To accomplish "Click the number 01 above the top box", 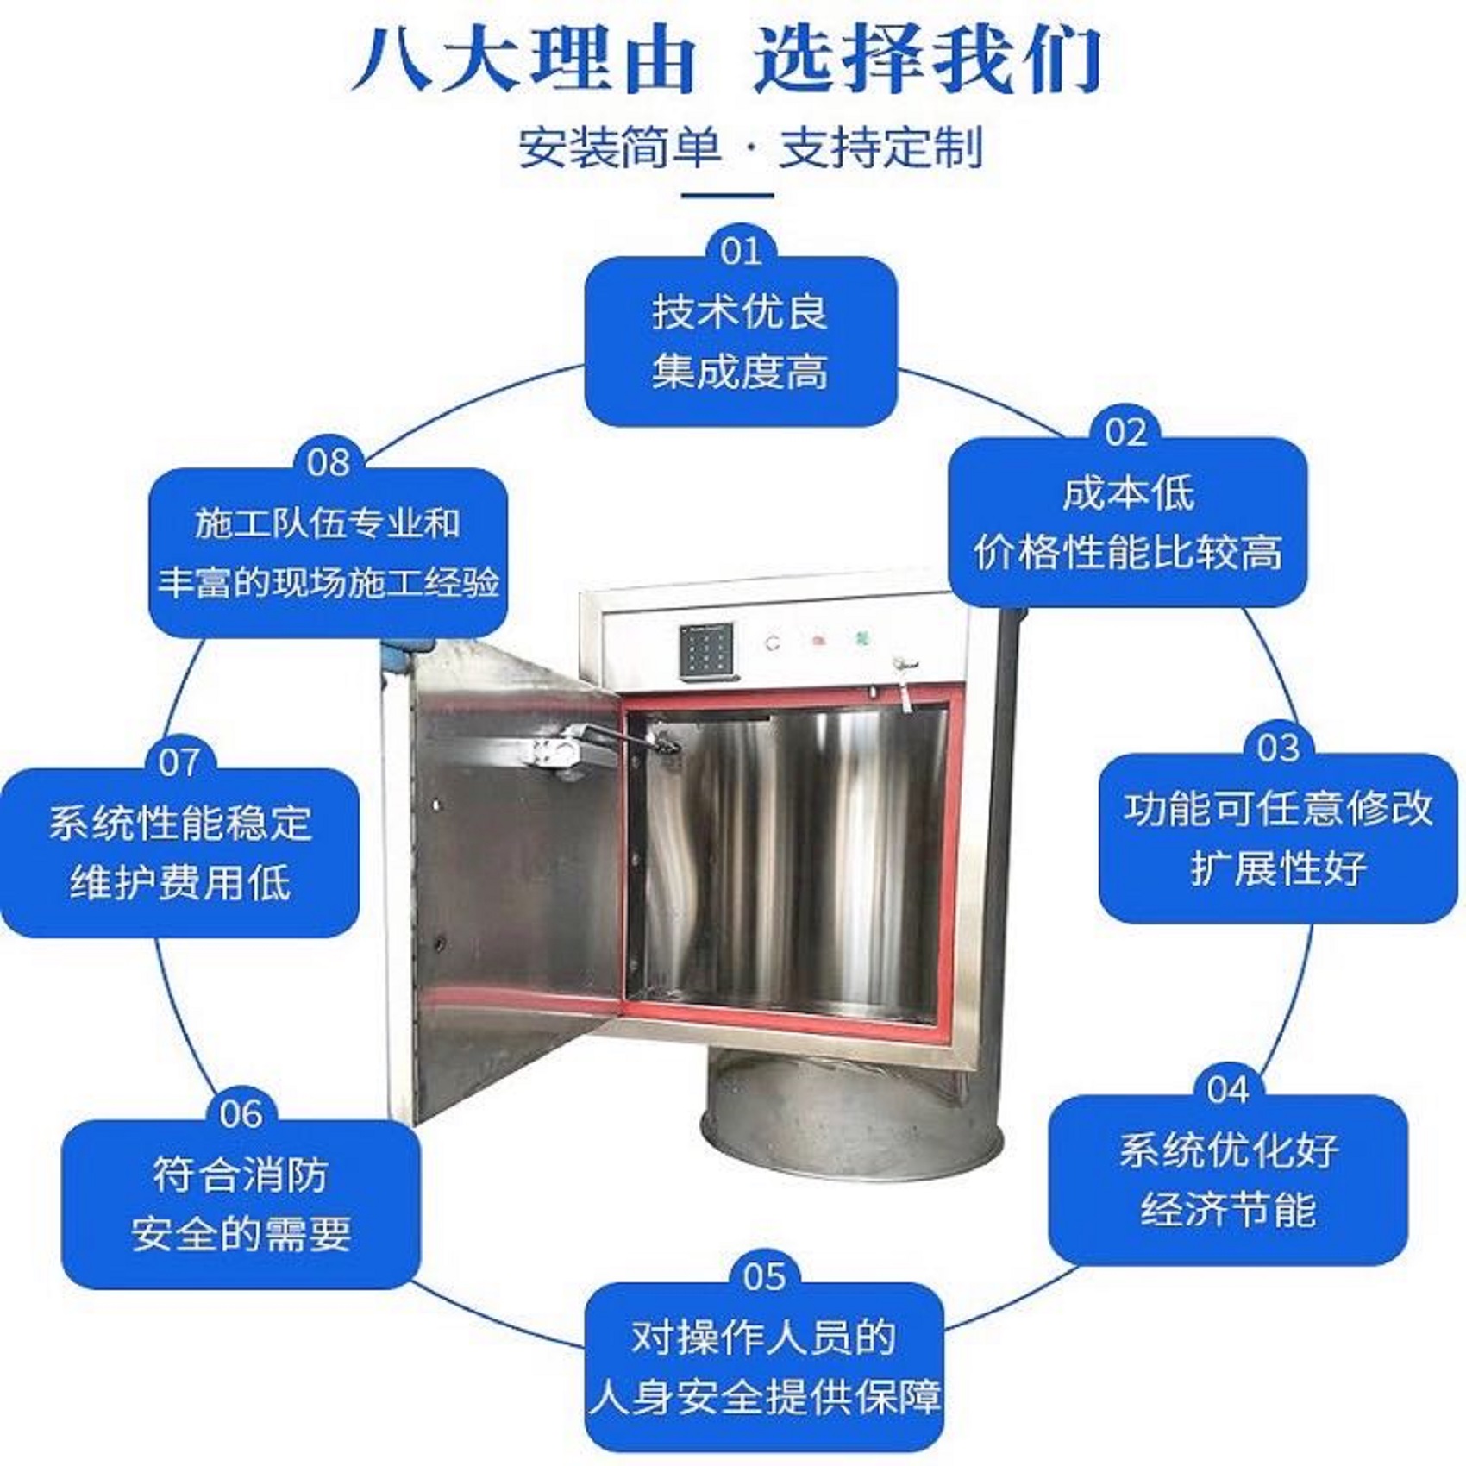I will [741, 251].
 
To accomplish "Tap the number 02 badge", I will [1125, 432].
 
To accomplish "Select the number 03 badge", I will [1277, 748].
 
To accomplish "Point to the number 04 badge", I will [1227, 1090].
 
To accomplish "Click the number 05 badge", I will [764, 1277].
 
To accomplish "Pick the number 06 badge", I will [241, 1113].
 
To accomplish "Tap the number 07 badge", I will [179, 762].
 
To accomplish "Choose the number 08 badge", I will [328, 463].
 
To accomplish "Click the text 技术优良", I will [740, 311].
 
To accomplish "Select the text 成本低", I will [1128, 493].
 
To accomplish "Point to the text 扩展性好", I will [1278, 868].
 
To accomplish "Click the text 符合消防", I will [241, 1175].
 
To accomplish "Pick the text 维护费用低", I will [180, 882].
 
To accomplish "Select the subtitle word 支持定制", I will [880, 147].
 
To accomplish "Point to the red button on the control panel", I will [815, 641].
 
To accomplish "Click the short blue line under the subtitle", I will [727, 195].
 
